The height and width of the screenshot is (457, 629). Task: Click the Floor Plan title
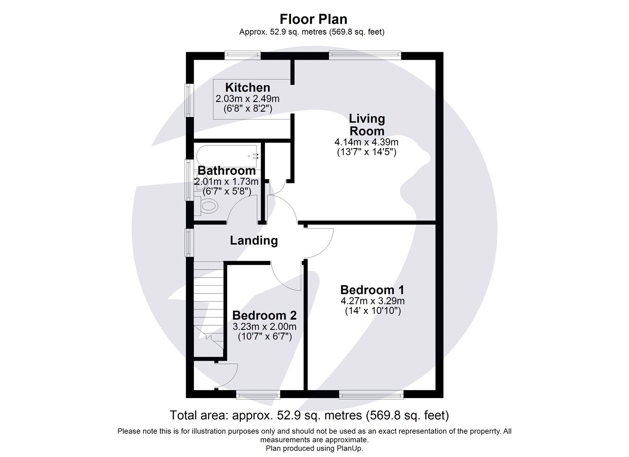pos(313,19)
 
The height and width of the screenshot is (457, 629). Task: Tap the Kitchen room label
pos(247,87)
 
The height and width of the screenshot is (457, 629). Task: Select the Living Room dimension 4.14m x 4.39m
pos(366,142)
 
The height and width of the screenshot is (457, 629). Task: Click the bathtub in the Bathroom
pos(227,156)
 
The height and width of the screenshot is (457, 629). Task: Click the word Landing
pos(254,240)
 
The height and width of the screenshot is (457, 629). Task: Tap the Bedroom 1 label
pos(372,290)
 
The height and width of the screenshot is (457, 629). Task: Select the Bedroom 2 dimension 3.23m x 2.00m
pos(264,327)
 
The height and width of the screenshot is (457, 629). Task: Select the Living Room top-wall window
pos(365,55)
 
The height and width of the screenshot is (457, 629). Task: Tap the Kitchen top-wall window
pos(243,55)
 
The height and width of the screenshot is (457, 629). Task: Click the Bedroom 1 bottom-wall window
pos(371,395)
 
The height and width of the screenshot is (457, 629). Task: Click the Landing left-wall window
pos(189,243)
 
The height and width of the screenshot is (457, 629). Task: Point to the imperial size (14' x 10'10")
pos(372,311)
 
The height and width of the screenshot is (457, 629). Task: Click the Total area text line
pos(309,415)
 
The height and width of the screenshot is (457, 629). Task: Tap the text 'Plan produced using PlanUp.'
pos(314,448)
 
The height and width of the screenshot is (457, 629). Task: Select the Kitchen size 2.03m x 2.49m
pos(247,99)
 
